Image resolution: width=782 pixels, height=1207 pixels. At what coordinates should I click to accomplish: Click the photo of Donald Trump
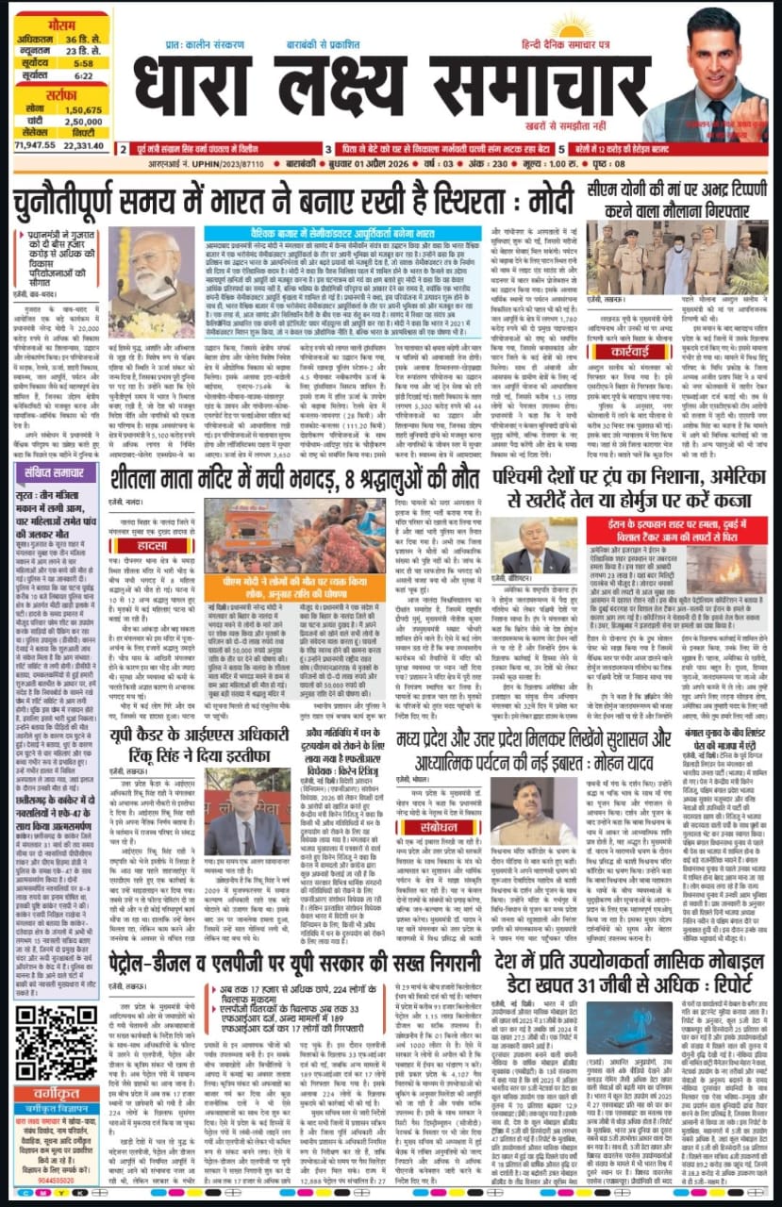(x=546, y=545)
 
